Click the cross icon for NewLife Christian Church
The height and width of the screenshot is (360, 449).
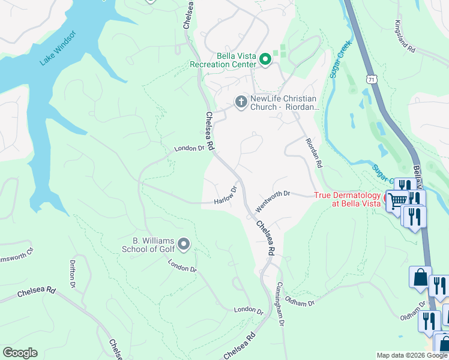(x=241, y=101)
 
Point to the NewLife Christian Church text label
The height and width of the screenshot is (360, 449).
(x=282, y=103)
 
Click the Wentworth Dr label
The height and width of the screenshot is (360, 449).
(x=273, y=202)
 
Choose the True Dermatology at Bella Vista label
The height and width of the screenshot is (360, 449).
(x=348, y=200)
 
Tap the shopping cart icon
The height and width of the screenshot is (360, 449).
(x=397, y=201)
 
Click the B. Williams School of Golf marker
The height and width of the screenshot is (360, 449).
(x=184, y=244)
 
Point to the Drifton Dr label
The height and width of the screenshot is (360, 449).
(x=73, y=273)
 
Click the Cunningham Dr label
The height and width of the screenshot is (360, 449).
(x=280, y=304)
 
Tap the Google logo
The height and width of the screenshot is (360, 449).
(x=20, y=353)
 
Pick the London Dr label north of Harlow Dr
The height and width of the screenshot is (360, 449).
(x=189, y=148)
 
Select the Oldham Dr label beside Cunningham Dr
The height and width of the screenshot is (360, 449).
(x=300, y=301)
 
